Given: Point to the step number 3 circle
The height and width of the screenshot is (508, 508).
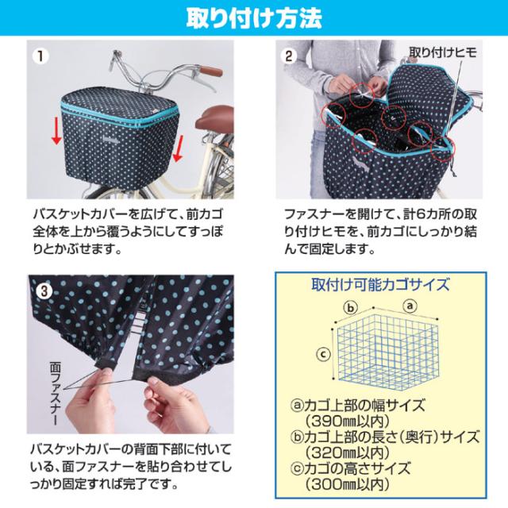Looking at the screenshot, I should pyautogui.click(x=44, y=291).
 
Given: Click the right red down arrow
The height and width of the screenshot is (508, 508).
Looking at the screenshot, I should pyautogui.click(x=179, y=146).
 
